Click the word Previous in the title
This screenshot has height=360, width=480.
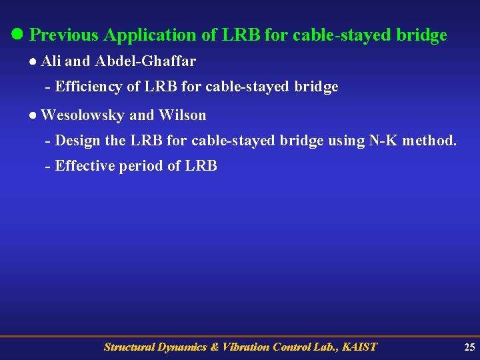tap(64, 35)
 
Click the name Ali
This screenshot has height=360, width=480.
tap(51, 61)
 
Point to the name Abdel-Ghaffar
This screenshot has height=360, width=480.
tap(145, 61)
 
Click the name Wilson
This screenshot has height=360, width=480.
tap(182, 115)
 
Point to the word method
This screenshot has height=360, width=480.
tap(430, 141)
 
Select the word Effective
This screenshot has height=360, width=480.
tap(85, 166)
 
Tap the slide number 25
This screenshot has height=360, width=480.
tap(469, 347)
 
